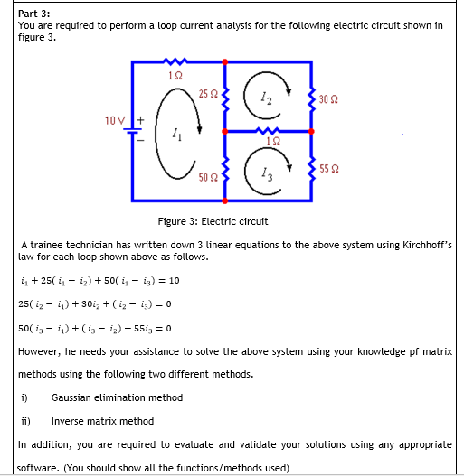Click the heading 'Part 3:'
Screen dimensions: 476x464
pyautogui.click(x=35, y=12)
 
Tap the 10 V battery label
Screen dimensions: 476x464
pyautogui.click(x=115, y=119)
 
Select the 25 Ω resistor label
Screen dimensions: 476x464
pyautogui.click(x=207, y=92)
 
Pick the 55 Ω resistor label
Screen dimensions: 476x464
pyautogui.click(x=330, y=168)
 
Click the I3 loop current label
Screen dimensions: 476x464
pyautogui.click(x=263, y=175)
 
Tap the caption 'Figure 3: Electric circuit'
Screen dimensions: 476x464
pyautogui.click(x=213, y=221)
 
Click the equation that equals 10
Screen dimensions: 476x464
pyautogui.click(x=99, y=280)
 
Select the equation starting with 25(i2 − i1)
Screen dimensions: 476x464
pyautogui.click(x=95, y=304)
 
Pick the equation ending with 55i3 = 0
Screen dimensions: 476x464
pyautogui.click(x=95, y=328)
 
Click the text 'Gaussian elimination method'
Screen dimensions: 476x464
pyautogui.click(x=117, y=397)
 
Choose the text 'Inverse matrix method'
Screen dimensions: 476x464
pyautogui.click(x=102, y=421)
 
